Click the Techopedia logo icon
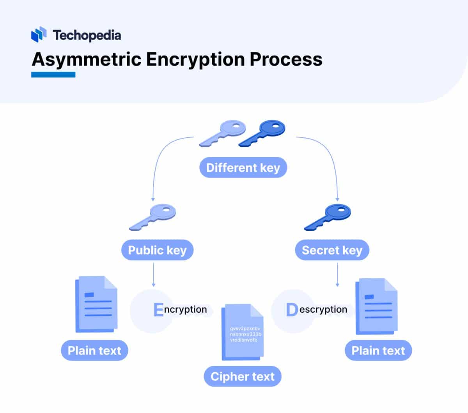pyautogui.click(x=38, y=35)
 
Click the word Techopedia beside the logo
pyautogui.click(x=87, y=35)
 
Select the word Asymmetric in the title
pyautogui.click(x=86, y=60)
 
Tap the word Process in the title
pyautogui.click(x=286, y=59)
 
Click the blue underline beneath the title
pyautogui.click(x=53, y=74)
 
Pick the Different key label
pyautogui.click(x=243, y=168)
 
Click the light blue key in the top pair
pyautogui.click(x=224, y=133)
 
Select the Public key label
pyautogui.click(x=157, y=250)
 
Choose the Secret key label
pyautogui.click(x=332, y=250)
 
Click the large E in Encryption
pyautogui.click(x=158, y=310)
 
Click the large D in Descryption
pyautogui.click(x=292, y=310)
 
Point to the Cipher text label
pyautogui.click(x=242, y=377)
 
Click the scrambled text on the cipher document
pyautogui.click(x=245, y=334)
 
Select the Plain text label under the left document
pyautogui.click(x=94, y=351)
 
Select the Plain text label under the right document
pyautogui.click(x=378, y=351)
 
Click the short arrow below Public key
pyautogui.click(x=153, y=275)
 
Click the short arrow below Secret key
pyautogui.click(x=337, y=275)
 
